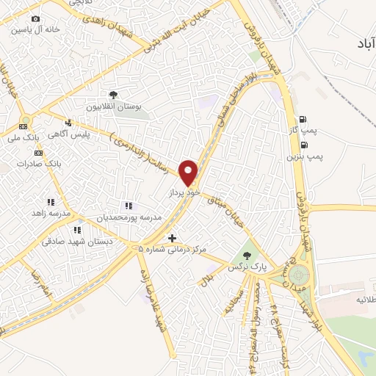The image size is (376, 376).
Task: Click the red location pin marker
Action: [189, 172]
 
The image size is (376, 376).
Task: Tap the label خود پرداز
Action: [184, 191]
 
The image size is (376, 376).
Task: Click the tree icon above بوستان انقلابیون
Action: [113, 95]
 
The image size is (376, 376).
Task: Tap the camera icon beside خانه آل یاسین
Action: [35, 18]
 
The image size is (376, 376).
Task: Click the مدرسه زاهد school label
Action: [50, 213]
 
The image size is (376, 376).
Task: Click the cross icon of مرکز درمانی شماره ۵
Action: [172, 238]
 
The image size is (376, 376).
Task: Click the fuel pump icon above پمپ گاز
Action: [301, 119]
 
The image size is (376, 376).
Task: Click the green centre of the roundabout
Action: [298, 275]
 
